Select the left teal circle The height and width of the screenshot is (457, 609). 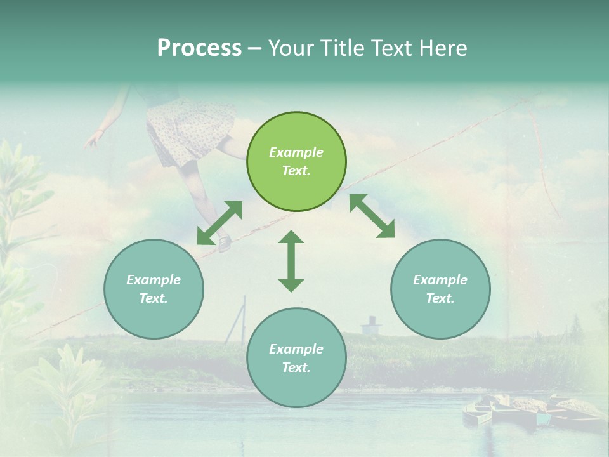[x=154, y=289]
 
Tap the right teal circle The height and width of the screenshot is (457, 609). [x=440, y=289]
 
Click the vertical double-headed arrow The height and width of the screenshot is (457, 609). [x=291, y=261]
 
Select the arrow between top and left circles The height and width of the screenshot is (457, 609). [x=219, y=223]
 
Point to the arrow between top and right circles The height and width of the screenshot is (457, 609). [x=372, y=216]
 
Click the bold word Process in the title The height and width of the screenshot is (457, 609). [x=199, y=48]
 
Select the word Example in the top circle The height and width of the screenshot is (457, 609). [x=296, y=152]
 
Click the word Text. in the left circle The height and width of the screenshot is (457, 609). [x=154, y=298]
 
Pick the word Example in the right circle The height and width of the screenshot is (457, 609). [x=440, y=280]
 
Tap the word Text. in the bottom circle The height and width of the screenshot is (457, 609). [x=296, y=368]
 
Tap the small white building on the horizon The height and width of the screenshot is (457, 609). [x=371, y=326]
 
